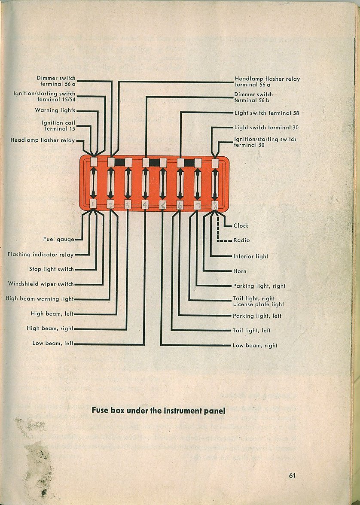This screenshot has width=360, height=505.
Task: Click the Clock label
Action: pyautogui.click(x=241, y=225)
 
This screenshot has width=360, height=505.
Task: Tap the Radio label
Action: pyautogui.click(x=242, y=240)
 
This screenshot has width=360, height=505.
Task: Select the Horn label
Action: pyautogui.click(x=240, y=271)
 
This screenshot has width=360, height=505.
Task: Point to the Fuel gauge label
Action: pyautogui.click(x=59, y=239)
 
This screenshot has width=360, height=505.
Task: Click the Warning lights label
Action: pyautogui.click(x=55, y=110)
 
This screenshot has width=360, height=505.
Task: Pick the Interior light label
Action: pyautogui.click(x=251, y=256)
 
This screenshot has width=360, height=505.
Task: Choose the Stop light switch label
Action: pyautogui.click(x=52, y=269)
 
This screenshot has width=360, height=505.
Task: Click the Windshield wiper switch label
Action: pyautogui.click(x=41, y=284)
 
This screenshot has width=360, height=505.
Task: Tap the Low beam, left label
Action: pyautogui.click(x=53, y=344)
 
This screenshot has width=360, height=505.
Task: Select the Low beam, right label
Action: pyautogui.click(x=255, y=346)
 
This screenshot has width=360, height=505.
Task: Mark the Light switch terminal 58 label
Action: pyautogui.click(x=266, y=113)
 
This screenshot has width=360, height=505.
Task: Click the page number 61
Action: pyautogui.click(x=292, y=475)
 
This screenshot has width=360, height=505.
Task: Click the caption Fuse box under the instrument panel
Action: pyautogui.click(x=158, y=411)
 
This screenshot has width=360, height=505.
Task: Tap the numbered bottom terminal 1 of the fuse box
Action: pyautogui.click(x=93, y=204)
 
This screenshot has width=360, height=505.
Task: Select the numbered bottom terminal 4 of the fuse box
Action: pyautogui.click(x=145, y=204)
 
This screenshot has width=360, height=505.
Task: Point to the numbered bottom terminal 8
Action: pyautogui.click(x=215, y=205)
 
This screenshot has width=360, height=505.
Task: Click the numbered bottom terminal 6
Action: pyautogui.click(x=180, y=205)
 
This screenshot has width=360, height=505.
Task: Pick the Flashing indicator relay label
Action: pyautogui.click(x=41, y=254)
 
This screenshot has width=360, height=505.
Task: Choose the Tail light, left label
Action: pyautogui.click(x=251, y=331)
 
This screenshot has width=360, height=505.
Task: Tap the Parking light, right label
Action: pyautogui.click(x=259, y=286)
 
